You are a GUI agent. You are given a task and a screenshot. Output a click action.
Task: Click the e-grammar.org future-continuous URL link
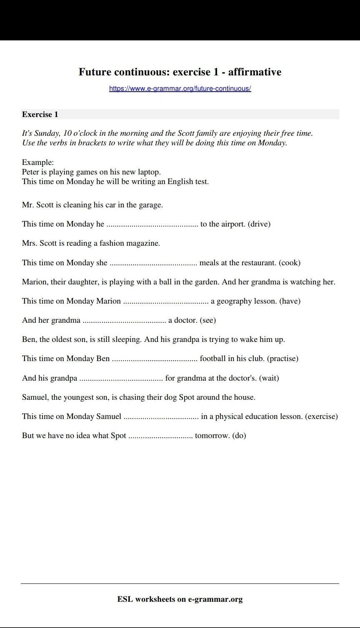pyautogui.click(x=180, y=88)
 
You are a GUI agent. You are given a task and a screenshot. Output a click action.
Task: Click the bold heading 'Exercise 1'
pyautogui.click(x=40, y=115)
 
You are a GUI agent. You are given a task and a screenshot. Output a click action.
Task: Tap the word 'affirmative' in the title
pyautogui.click(x=255, y=72)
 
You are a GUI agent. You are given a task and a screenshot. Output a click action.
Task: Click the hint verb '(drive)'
pyautogui.click(x=259, y=224)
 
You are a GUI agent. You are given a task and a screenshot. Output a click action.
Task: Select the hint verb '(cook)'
pyautogui.click(x=290, y=263)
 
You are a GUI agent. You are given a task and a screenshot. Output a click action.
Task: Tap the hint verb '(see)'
pyautogui.click(x=208, y=320)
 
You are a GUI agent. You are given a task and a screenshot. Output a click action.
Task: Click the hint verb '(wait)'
pyautogui.click(x=269, y=378)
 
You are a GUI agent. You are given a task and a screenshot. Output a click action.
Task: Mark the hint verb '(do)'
pyautogui.click(x=239, y=436)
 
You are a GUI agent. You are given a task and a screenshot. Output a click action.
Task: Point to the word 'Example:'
pyautogui.click(x=38, y=162)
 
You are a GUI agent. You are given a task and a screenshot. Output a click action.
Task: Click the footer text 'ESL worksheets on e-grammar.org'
pyautogui.click(x=180, y=599)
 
